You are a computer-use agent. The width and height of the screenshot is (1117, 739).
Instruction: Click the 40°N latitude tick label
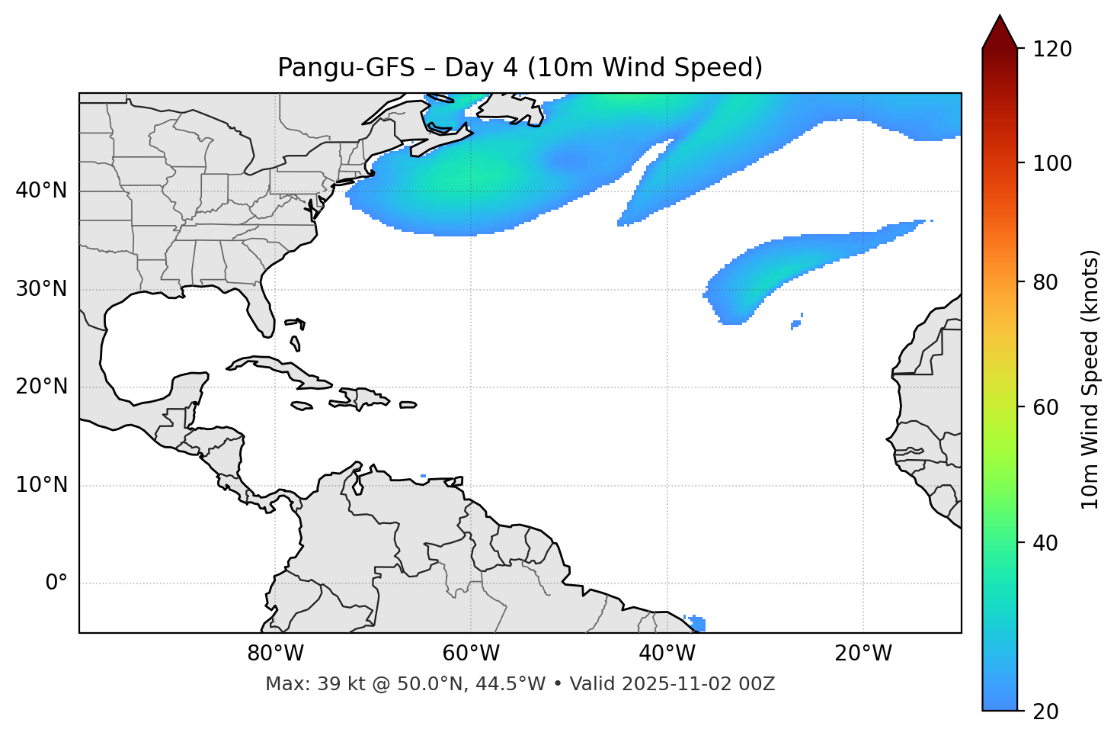(x=41, y=191)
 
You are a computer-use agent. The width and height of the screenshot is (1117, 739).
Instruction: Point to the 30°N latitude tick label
(x=41, y=289)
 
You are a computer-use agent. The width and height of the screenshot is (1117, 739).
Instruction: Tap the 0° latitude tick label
(x=56, y=583)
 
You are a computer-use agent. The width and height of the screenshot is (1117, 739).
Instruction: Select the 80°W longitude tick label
(x=275, y=654)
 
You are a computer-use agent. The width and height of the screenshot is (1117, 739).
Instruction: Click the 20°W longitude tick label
(x=863, y=654)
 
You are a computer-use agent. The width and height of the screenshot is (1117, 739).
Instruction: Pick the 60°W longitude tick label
(x=471, y=654)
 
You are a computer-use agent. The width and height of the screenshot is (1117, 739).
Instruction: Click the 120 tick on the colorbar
(x=1052, y=50)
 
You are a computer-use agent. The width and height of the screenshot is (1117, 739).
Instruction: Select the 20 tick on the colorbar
(x=1045, y=712)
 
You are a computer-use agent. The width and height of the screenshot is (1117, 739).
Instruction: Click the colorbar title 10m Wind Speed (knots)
(x=1090, y=379)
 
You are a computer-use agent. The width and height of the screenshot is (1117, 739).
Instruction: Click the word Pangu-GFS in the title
(x=346, y=68)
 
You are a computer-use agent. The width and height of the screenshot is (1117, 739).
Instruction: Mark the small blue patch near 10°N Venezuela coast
(x=424, y=477)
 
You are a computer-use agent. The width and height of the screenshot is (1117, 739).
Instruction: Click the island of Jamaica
(x=302, y=406)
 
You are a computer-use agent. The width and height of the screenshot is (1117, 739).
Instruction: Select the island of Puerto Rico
(x=408, y=404)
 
